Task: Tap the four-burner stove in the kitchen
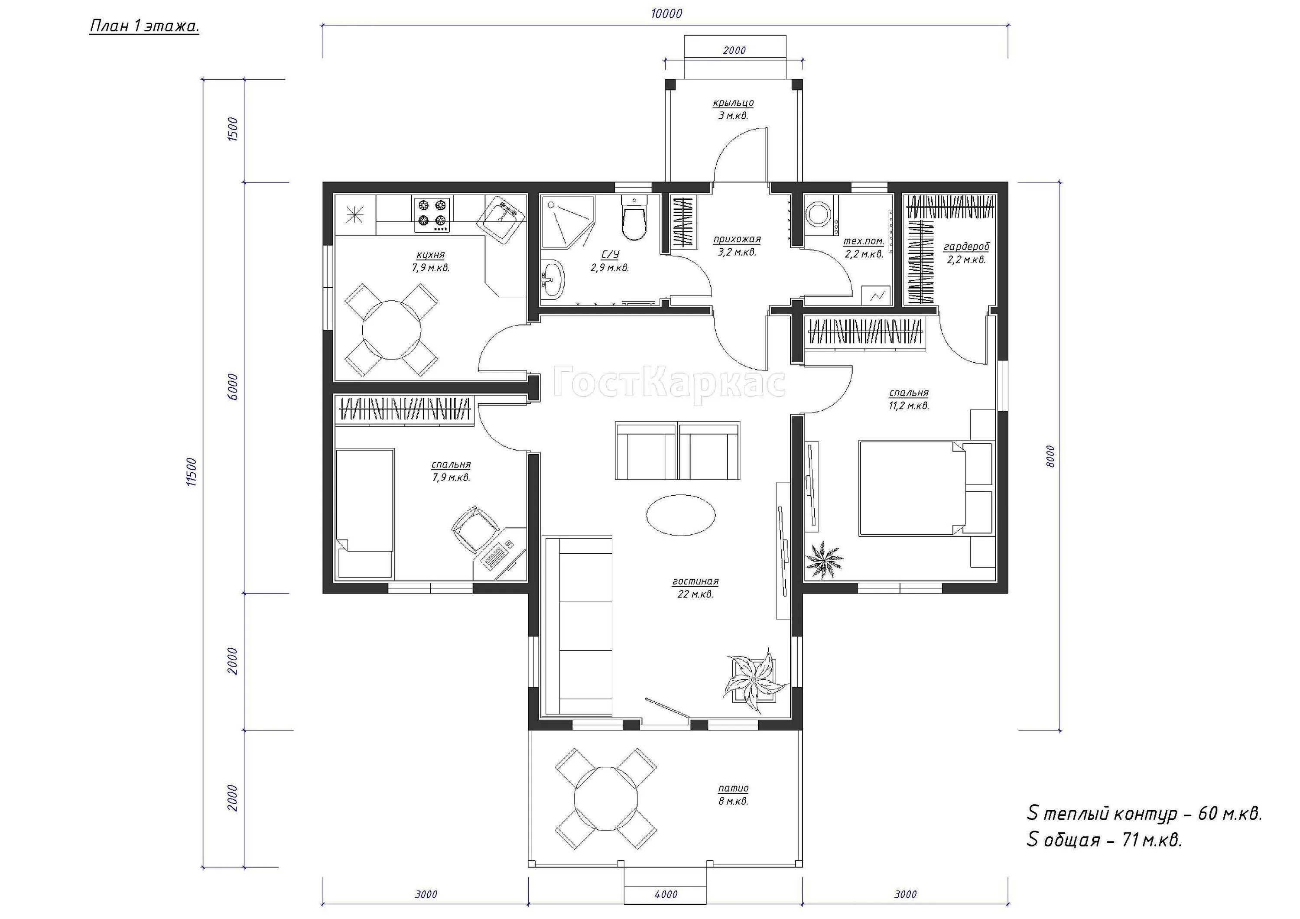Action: pos(432,214)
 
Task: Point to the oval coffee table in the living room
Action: pos(681,514)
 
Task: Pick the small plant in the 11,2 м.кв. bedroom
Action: pos(824,560)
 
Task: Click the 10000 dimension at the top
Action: pos(666,13)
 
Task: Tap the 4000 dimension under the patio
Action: pos(666,895)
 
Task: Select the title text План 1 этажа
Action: pos(144,26)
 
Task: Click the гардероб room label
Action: pos(966,247)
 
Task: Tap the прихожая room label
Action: pos(737,240)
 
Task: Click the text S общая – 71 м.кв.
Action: pos(1105,840)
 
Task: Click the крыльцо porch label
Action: pos(733,103)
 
